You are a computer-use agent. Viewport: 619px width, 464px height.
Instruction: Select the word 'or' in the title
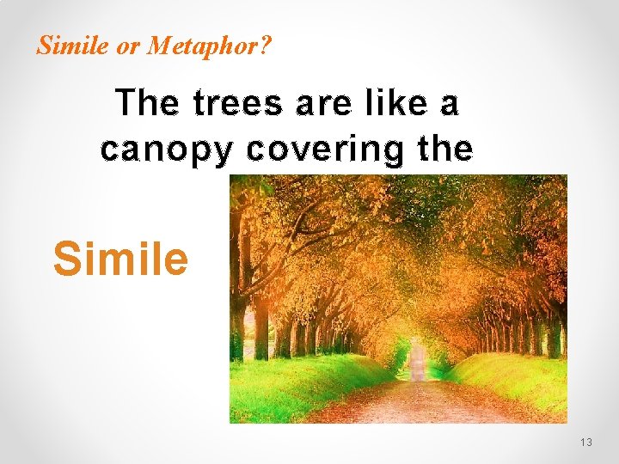click(x=128, y=46)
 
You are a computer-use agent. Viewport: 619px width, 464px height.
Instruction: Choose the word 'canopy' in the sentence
click(x=166, y=150)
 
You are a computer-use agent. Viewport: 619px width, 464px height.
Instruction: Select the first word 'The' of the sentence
click(x=149, y=104)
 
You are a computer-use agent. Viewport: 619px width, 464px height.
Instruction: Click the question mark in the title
click(x=263, y=46)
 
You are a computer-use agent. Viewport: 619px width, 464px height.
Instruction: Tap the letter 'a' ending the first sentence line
click(x=449, y=105)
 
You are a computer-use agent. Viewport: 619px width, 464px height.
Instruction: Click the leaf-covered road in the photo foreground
click(x=413, y=404)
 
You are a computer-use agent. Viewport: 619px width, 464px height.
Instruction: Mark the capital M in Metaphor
click(x=156, y=46)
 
